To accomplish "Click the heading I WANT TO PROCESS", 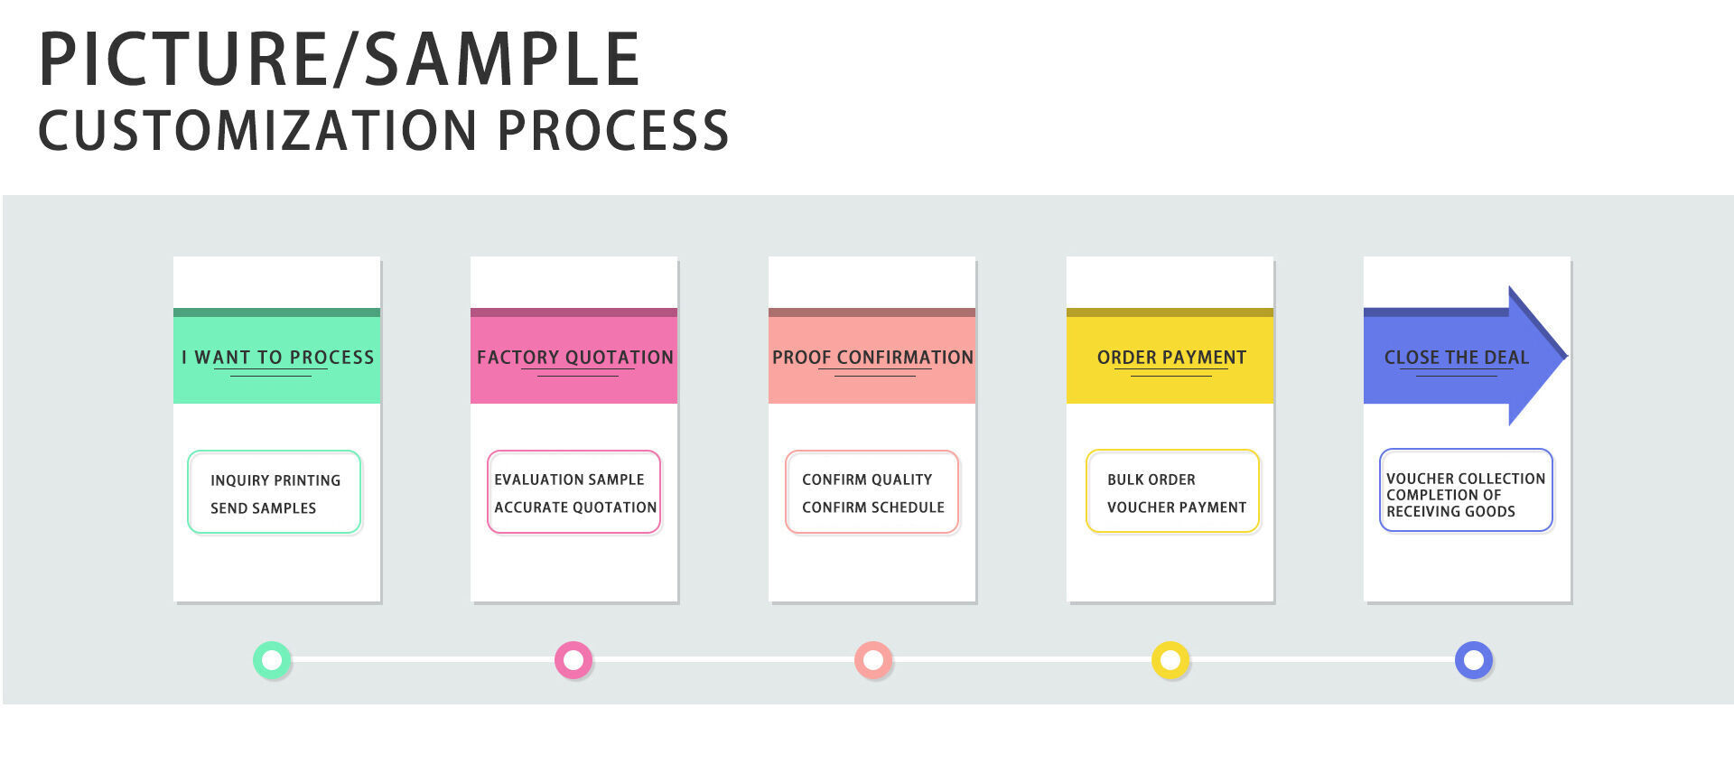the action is tap(277, 358).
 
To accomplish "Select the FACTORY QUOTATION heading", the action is tap(575, 358).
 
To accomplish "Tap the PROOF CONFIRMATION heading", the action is tap(872, 358).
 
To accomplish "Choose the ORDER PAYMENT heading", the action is tap(1171, 358).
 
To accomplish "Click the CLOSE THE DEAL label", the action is tap(1457, 358).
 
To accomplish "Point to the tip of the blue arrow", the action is tap(1567, 356).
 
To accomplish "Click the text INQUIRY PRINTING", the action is tap(275, 480).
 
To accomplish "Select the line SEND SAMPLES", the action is tap(263, 508).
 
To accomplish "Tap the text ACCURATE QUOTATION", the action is tap(575, 508).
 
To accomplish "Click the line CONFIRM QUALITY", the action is tap(867, 480).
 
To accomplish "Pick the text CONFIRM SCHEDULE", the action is tap(873, 508).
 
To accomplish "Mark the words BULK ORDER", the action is tap(1151, 480).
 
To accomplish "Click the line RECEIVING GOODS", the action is tap(1450, 511).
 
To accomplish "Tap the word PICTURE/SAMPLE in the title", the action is tap(340, 60).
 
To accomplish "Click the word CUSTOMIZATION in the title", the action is tap(257, 130).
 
